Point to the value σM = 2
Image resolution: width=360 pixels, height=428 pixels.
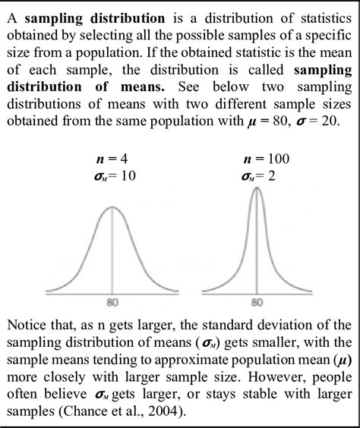click(256, 177)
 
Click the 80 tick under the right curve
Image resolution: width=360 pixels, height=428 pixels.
click(256, 301)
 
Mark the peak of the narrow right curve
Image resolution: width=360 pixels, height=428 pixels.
click(256, 189)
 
